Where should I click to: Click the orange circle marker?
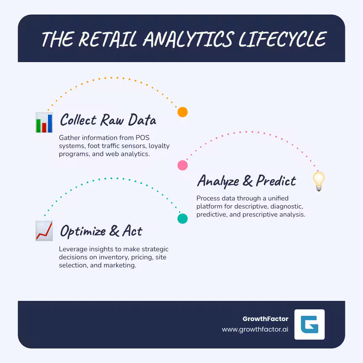[183, 112]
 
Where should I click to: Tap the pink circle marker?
[183, 165]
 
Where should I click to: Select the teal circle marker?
[183, 219]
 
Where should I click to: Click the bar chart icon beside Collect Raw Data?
[44, 123]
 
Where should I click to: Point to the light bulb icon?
[319, 181]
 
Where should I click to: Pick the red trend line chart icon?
[44, 231]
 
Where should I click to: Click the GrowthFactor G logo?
[309, 324]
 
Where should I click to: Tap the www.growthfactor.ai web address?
[255, 329]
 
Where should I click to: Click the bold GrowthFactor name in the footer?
[265, 319]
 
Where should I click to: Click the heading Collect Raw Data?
[108, 120]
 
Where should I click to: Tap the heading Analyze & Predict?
[246, 181]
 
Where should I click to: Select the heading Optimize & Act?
[101, 231]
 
